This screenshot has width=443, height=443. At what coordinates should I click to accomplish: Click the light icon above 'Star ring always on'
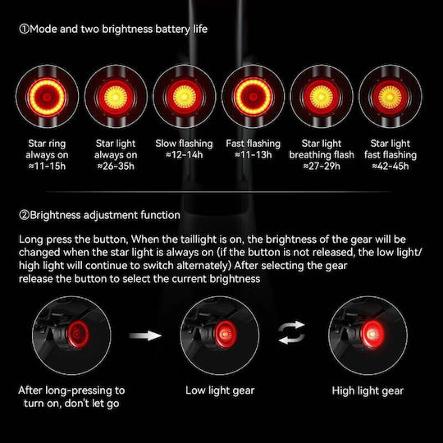coord(48,97)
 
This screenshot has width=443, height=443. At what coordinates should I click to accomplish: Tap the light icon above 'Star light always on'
coord(116,97)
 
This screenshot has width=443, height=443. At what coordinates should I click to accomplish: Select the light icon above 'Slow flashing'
coord(185,97)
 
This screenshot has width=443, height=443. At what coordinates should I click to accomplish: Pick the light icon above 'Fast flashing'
coord(253,97)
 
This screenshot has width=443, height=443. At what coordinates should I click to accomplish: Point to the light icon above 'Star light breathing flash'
coord(322,97)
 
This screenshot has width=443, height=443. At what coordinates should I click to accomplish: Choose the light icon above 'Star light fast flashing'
coord(390,97)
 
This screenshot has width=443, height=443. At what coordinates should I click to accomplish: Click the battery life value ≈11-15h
coord(47,166)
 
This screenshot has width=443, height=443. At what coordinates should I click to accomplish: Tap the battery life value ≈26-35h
coord(116,166)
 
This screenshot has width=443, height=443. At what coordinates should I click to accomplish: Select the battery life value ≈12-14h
coord(185,155)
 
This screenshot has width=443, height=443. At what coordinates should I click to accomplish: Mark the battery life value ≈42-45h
coord(390,166)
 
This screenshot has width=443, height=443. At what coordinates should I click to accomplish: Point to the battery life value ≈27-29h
coord(322,166)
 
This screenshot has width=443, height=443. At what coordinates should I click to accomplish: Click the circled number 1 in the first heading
coord(24,29)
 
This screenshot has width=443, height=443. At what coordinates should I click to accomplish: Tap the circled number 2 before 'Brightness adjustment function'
coord(24,215)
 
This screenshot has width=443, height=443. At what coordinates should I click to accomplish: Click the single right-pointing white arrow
coord(145,336)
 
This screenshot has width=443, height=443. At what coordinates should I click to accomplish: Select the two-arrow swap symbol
coord(292,332)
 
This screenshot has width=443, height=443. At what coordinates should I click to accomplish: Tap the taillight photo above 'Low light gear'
coord(220,336)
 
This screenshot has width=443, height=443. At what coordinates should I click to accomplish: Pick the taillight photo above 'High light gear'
coord(368,336)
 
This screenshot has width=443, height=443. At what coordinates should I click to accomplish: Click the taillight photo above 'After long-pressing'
coord(71,336)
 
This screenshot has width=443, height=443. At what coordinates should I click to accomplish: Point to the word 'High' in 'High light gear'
coord(343,390)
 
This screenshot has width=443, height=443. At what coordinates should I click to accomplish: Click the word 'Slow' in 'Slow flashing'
coord(166,144)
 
